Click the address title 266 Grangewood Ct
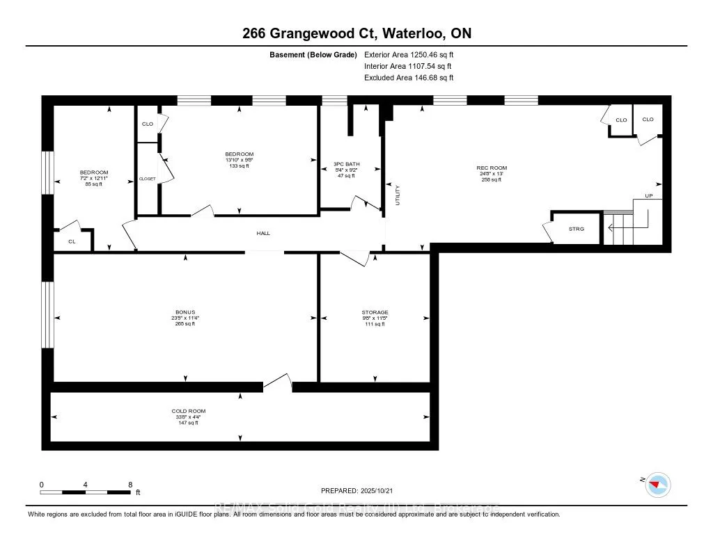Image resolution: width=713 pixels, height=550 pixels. point(356,33)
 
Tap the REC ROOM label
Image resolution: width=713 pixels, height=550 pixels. point(492,168)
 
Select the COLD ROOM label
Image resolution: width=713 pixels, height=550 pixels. point(189,411)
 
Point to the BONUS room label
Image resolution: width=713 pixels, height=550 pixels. point(185,312)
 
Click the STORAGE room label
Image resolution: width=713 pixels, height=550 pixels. point(375,312)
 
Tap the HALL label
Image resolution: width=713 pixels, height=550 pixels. point(263,233)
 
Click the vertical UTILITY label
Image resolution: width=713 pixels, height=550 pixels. point(398,195)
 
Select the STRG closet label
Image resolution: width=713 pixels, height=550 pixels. point(576,229)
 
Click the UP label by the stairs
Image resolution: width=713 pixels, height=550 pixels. point(648,196)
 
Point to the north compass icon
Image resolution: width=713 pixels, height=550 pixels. point(657,485)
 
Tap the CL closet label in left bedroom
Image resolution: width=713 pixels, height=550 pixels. point(71,241)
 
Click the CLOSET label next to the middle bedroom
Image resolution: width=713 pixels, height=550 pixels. point(147,179)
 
